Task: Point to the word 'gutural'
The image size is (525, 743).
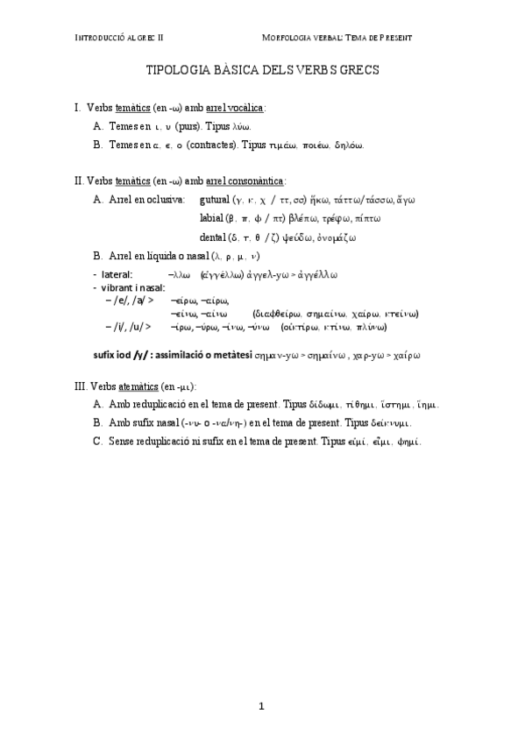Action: click(x=216, y=200)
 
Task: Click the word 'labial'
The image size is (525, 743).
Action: click(x=211, y=218)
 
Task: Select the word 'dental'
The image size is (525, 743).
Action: click(x=213, y=237)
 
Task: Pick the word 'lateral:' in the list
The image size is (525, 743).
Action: click(x=117, y=274)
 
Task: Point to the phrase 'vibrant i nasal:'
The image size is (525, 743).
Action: click(x=133, y=287)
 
